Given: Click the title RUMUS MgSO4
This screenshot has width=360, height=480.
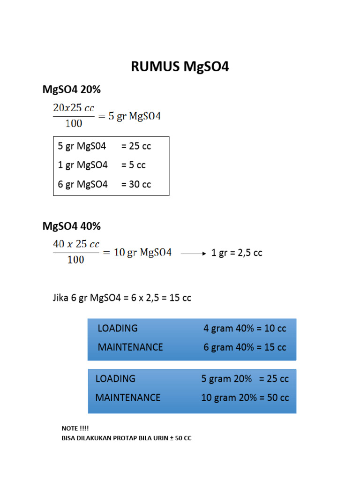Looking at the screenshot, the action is [180, 67].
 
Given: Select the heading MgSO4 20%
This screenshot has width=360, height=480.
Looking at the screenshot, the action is [72, 90].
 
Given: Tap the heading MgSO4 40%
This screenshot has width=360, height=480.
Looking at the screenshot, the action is [72, 226].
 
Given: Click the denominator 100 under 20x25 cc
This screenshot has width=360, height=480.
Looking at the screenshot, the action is [74, 123].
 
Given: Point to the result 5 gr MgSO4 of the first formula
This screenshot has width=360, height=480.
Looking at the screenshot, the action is [135, 116].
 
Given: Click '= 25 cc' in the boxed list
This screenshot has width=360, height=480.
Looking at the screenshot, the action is [136, 146].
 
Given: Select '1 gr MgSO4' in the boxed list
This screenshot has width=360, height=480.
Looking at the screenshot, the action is [82, 165].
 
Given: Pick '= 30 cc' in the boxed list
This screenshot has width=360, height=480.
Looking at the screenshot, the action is [136, 184].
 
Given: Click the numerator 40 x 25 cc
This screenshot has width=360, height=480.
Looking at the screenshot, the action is [76, 244].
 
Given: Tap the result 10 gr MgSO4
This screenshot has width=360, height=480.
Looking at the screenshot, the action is [142, 253].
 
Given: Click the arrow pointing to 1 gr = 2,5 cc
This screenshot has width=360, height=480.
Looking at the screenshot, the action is [194, 254].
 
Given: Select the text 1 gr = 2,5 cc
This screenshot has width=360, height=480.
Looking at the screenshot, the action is [237, 253].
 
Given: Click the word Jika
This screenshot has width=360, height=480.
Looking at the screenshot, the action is [60, 298].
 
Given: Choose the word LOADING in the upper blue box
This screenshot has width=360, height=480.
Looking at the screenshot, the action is [118, 328].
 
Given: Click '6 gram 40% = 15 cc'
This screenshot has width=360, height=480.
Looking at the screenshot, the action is [245, 347].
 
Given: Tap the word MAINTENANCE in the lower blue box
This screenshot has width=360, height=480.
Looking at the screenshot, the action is [128, 397].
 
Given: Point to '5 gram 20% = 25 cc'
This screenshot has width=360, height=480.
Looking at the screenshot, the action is [245, 379].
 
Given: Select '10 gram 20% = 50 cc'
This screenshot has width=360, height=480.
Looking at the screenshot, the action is [245, 397].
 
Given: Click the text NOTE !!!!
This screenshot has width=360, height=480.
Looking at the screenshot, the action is [75, 428].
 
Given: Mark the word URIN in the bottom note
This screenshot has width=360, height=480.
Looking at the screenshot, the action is [161, 438].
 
